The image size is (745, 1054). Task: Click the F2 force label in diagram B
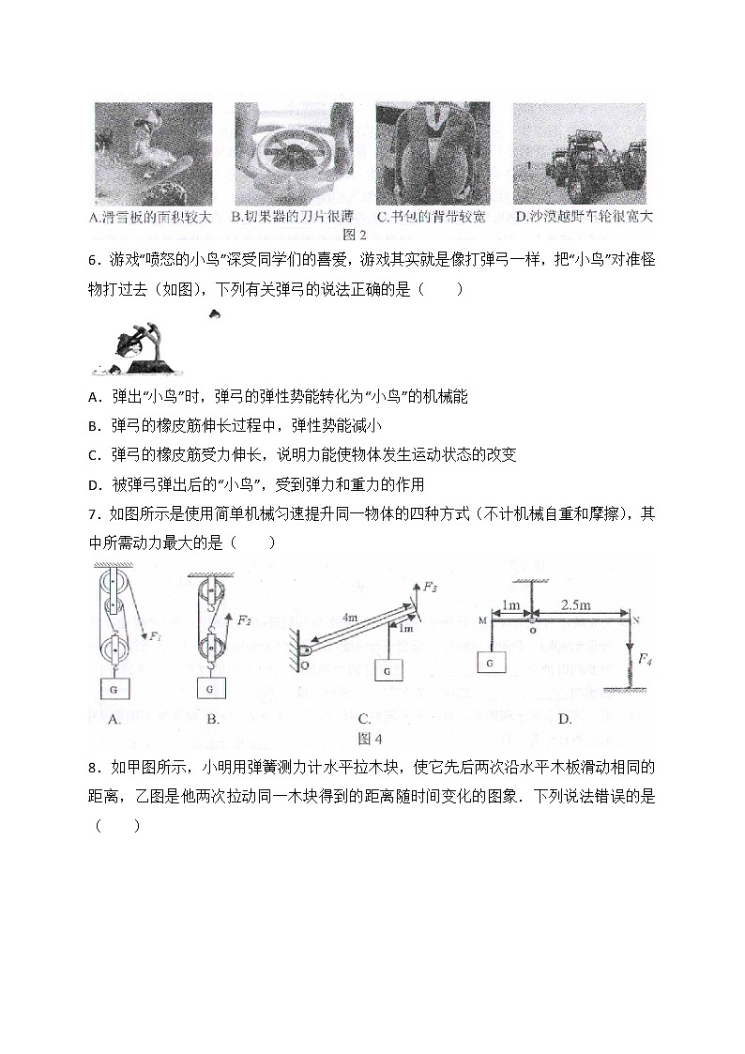[x=244, y=620]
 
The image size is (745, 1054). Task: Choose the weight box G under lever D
[x=491, y=662]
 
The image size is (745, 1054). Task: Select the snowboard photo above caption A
[x=153, y=153]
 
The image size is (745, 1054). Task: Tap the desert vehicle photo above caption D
[x=579, y=153]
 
